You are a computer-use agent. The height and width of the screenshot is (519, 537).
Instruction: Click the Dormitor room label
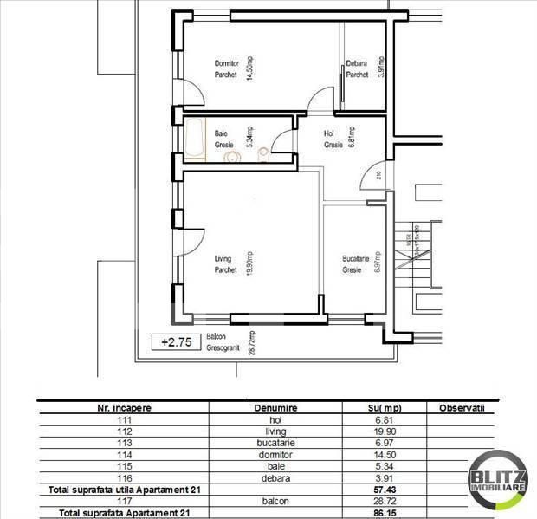[227, 68]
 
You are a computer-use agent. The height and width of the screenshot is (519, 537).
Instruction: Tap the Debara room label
[357, 68]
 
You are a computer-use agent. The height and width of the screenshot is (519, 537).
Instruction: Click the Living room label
[225, 263]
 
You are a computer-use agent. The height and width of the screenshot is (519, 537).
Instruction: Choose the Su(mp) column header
[384, 406]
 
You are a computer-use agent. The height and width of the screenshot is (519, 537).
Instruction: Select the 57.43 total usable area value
[384, 490]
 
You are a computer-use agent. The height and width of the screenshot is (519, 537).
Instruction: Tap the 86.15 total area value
[384, 513]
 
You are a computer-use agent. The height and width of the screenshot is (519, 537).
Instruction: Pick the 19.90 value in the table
[384, 431]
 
